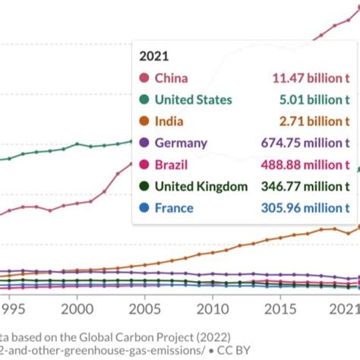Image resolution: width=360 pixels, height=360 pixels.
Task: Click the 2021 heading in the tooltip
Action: (x=155, y=56)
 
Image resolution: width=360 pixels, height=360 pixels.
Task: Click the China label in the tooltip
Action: (x=171, y=77)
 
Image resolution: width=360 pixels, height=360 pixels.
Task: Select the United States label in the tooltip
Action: (x=193, y=99)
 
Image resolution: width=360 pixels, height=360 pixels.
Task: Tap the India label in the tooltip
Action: (x=169, y=121)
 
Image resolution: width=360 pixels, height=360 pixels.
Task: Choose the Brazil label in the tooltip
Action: (x=171, y=164)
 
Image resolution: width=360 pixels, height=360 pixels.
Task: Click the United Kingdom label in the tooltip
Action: (x=201, y=186)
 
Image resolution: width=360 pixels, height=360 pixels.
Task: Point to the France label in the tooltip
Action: (x=174, y=208)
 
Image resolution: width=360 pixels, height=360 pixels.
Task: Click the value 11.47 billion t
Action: (x=311, y=77)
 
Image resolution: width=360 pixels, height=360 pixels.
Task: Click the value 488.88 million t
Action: (x=305, y=164)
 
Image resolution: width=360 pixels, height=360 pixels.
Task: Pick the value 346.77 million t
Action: (x=306, y=186)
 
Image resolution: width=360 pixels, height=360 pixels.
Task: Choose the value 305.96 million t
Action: (x=306, y=208)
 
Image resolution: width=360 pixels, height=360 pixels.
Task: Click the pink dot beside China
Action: (x=143, y=77)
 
